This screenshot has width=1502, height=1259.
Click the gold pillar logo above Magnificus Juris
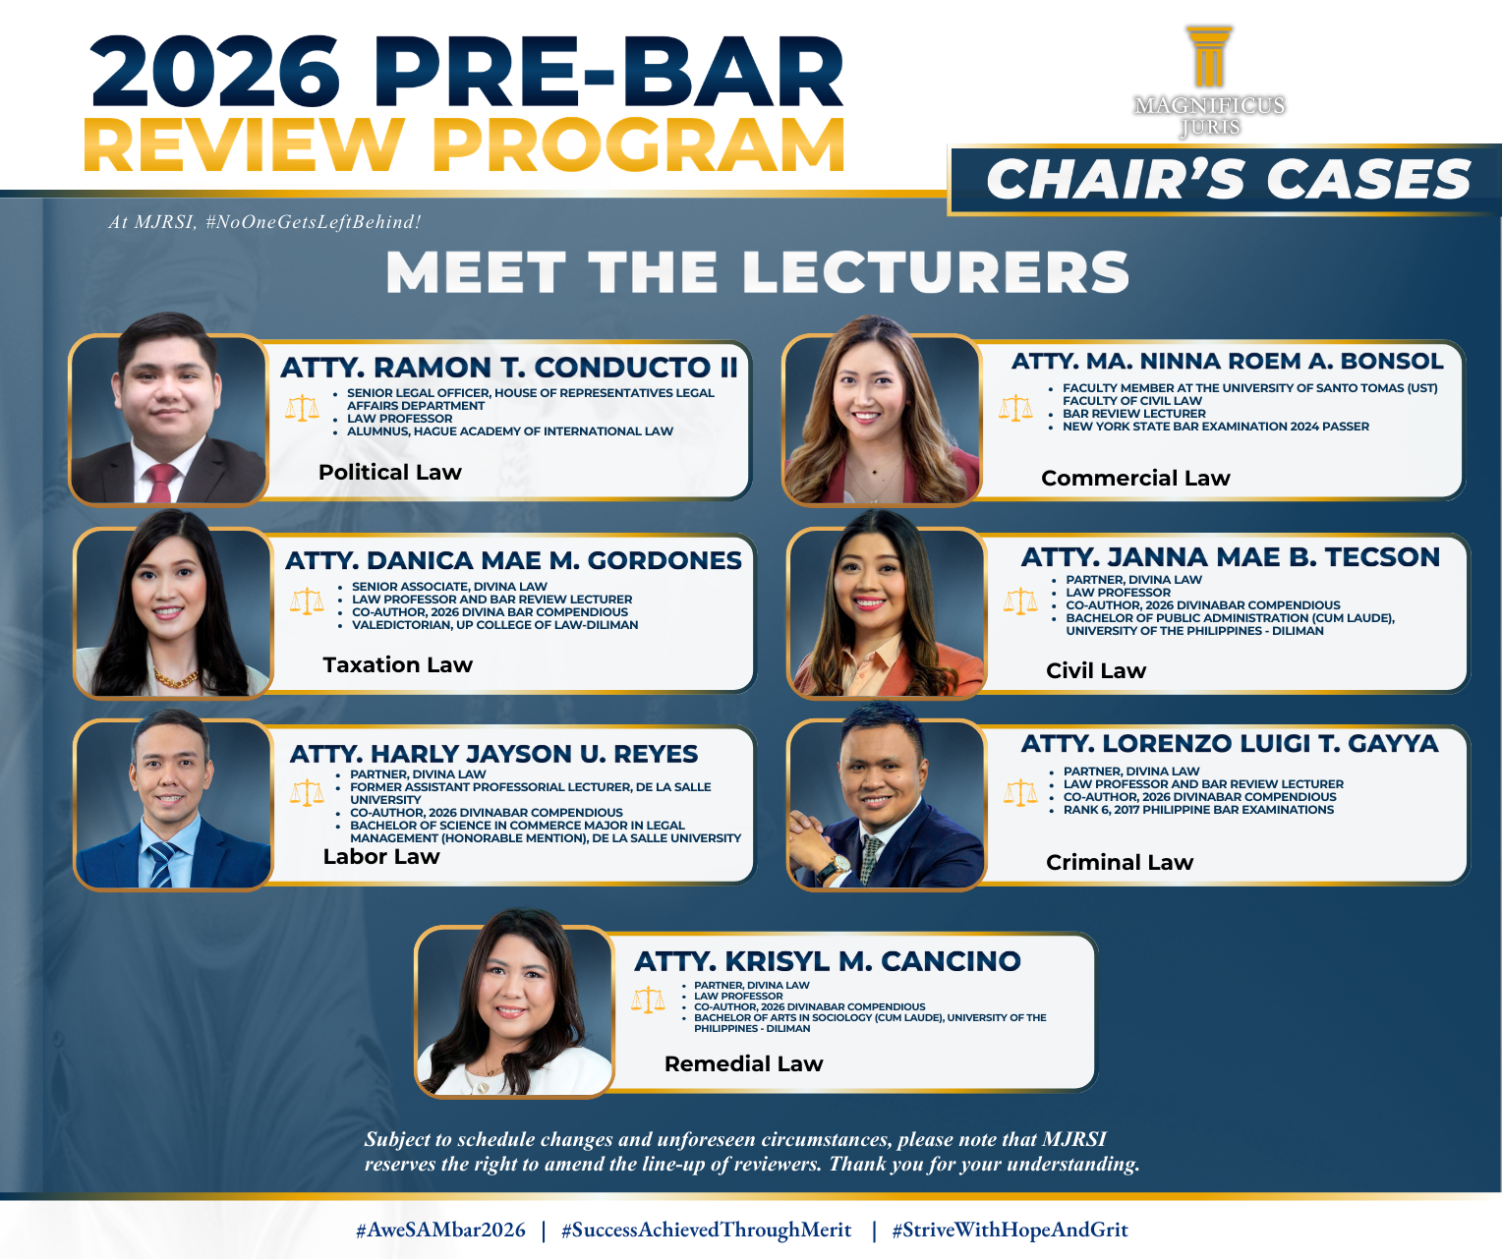point(1209,57)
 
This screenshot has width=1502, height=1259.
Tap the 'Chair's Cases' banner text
point(1228,179)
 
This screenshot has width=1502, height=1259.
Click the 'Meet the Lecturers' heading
point(758,272)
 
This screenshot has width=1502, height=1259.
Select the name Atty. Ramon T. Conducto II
point(508,367)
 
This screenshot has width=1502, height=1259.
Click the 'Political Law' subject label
point(390,472)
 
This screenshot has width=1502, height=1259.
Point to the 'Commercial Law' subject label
point(1135,478)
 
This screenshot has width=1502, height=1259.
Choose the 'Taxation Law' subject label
point(397,664)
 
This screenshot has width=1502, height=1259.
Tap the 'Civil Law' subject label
point(1096,670)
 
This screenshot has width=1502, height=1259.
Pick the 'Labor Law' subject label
point(380,856)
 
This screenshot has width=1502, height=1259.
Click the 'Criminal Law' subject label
point(1120,862)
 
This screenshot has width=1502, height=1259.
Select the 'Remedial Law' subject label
point(743,1063)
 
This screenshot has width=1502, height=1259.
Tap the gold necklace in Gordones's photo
point(175,678)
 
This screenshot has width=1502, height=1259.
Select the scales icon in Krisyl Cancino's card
point(648,1000)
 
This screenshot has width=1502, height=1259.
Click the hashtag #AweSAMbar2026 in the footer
point(440,1230)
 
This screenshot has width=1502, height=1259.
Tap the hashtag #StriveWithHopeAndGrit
point(1010,1230)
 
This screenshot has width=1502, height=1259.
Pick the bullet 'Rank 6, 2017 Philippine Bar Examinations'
point(1198,810)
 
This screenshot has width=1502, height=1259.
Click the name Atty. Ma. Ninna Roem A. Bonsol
point(1227,361)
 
